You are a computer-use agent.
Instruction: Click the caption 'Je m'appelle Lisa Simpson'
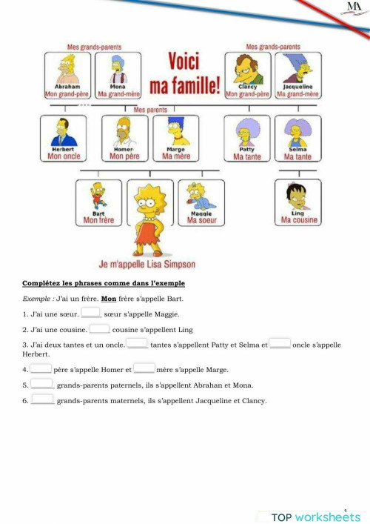[147, 264]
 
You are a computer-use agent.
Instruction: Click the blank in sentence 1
[90, 314]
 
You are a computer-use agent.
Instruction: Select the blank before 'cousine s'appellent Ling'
[99, 328]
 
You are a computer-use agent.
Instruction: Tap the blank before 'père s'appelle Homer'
[41, 368]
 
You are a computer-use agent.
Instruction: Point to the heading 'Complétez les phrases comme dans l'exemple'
[104, 284]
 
